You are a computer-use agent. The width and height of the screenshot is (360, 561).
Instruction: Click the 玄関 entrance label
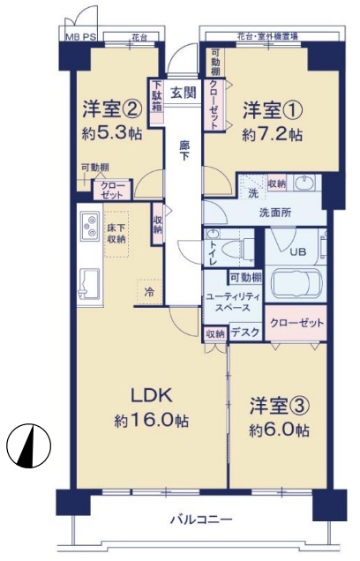[184, 93]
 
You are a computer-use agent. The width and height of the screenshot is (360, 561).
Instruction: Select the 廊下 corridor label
[184, 151]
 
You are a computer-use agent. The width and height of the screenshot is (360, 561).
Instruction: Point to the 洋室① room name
[273, 110]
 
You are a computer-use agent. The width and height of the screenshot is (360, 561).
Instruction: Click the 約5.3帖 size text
[112, 134]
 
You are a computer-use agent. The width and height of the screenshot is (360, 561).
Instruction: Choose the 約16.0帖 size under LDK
[152, 420]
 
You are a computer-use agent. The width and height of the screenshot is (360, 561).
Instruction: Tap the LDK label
[152, 395]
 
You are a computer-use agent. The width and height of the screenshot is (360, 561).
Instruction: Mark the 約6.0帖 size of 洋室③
[280, 430]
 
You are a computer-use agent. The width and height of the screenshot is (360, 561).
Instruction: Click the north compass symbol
[28, 445]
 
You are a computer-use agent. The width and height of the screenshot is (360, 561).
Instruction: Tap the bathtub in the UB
[297, 282]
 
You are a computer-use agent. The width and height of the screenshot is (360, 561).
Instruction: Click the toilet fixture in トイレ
[234, 247]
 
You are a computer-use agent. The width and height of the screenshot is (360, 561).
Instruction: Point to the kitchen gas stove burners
[89, 226]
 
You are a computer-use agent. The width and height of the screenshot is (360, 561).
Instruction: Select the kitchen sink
[89, 283]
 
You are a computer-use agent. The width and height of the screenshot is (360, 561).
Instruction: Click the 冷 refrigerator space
[149, 292]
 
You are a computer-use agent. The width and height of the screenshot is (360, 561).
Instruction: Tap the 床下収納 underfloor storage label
[117, 234]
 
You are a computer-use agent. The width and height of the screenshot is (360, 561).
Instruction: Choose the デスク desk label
[244, 333]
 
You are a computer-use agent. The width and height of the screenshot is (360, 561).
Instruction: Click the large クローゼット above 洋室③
[296, 323]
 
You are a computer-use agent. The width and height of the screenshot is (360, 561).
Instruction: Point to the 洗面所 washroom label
[275, 213]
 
